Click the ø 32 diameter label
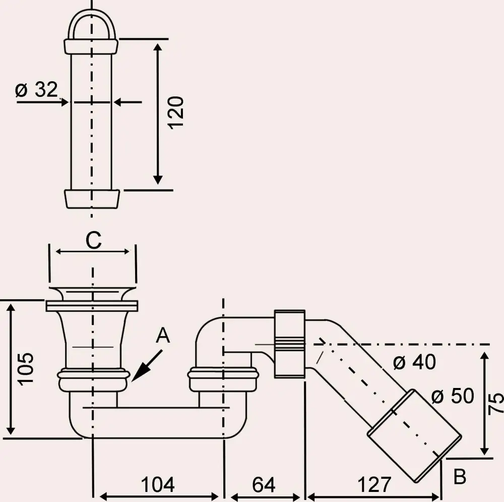click(36, 90)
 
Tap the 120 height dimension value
click(176, 112)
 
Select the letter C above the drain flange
click(93, 241)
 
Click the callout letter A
click(162, 336)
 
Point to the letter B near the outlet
click(460, 477)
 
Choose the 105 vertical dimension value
click(26, 369)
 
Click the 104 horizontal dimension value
click(158, 485)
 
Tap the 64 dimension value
click(264, 485)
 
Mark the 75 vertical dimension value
click(496, 404)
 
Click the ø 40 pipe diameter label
click(414, 362)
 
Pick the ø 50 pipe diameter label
click(453, 397)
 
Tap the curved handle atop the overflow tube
click(91, 23)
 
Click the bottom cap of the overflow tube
click(93, 198)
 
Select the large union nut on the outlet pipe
click(290, 344)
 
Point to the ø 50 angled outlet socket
click(414, 436)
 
